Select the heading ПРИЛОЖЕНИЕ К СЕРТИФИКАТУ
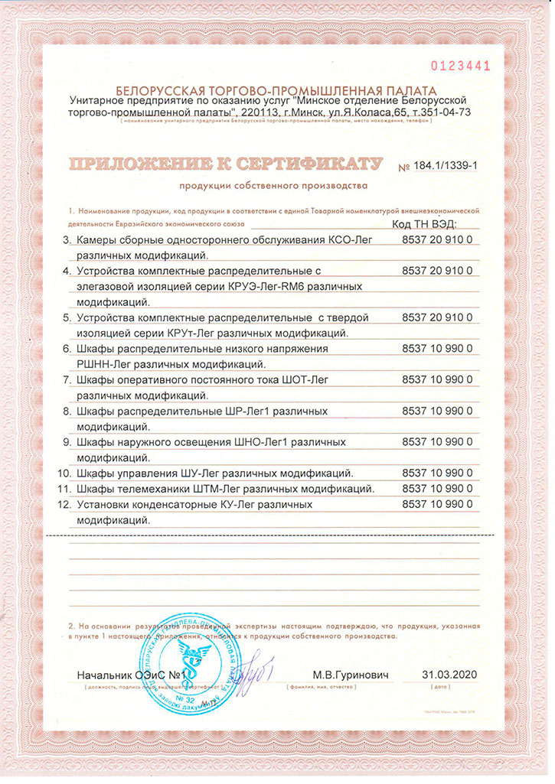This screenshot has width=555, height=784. pyautogui.click(x=227, y=164)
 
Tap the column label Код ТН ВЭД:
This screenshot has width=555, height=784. pyautogui.click(x=423, y=224)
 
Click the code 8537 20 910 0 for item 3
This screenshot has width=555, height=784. pyautogui.click(x=437, y=240)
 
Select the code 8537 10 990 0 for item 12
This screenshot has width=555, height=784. pyautogui.click(x=437, y=505)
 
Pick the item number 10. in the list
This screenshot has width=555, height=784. pyautogui.click(x=67, y=473)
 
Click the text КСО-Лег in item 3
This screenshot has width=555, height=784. pyautogui.click(x=352, y=240)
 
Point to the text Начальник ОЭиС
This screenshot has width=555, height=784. pyautogui.click(x=121, y=675)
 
